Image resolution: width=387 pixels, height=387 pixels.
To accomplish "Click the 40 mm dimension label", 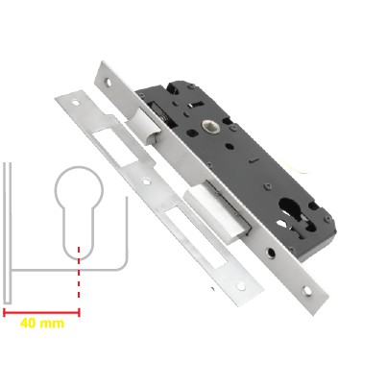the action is point(42,324).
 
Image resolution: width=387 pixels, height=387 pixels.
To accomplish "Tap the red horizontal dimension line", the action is point(41,312).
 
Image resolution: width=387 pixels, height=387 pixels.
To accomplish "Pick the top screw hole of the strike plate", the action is point(76,103).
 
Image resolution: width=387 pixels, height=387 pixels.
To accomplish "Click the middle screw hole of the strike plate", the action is point(146,181).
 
